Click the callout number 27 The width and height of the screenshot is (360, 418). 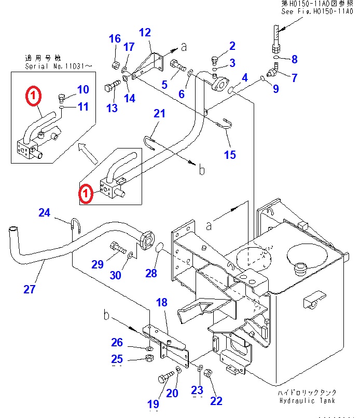click(30, 289)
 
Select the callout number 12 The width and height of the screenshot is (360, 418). click(145, 32)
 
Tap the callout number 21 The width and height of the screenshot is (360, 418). click(159, 114)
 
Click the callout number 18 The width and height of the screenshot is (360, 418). click(161, 303)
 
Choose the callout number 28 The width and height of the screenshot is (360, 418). click(150, 273)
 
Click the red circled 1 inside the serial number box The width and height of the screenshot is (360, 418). click(32, 96)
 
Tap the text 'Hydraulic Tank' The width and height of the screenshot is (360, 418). click(307, 400)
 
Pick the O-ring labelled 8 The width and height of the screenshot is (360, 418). click(276, 57)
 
